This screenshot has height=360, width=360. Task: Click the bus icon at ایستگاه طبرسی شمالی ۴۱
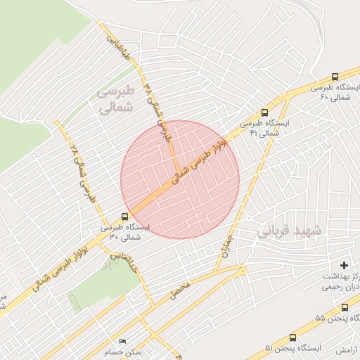(264, 112)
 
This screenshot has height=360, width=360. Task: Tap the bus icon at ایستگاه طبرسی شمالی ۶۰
(334, 77)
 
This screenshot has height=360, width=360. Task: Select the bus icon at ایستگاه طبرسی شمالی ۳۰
(124, 217)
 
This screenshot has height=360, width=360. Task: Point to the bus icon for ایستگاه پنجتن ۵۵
(345, 307)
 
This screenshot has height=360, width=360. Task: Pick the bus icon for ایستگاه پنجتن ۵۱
(292, 337)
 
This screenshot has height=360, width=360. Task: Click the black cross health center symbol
(344, 265)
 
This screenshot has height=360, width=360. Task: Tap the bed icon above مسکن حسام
(123, 342)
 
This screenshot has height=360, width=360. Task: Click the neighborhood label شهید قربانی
(290, 231)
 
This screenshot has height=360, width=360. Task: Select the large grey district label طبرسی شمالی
(115, 100)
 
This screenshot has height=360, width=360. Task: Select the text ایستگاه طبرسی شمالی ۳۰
(125, 233)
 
